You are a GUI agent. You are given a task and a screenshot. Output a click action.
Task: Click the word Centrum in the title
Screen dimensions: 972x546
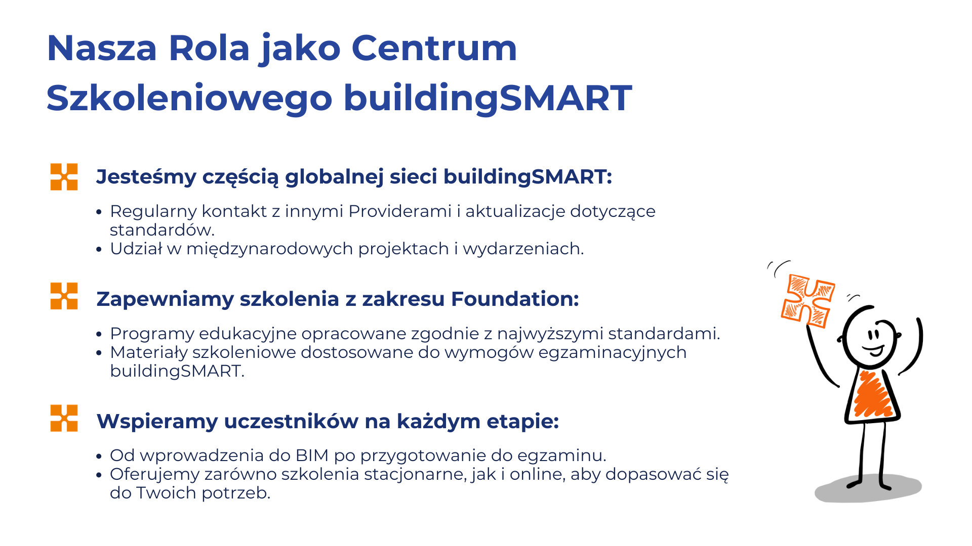click(x=434, y=49)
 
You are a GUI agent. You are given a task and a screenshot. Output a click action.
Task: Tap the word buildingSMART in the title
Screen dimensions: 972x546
click(x=488, y=99)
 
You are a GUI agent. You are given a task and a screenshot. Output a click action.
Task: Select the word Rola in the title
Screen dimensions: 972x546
click(x=209, y=49)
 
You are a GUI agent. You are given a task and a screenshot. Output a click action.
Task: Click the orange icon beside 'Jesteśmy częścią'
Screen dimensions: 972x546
click(x=64, y=176)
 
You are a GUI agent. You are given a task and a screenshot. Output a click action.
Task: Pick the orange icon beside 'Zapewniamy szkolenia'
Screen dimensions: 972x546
click(x=64, y=296)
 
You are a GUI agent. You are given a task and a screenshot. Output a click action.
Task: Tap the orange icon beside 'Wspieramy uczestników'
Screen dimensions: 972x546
click(x=64, y=418)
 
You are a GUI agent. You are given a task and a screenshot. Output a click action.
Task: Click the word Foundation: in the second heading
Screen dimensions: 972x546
click(x=515, y=299)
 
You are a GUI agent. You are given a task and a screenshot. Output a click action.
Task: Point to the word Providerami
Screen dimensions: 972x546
click(x=400, y=211)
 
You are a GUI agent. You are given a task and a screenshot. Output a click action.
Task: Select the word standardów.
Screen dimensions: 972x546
click(x=163, y=230)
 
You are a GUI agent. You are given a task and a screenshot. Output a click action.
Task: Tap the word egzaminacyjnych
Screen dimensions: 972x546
click(x=612, y=352)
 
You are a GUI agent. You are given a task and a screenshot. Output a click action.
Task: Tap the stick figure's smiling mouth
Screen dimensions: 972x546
click(x=874, y=349)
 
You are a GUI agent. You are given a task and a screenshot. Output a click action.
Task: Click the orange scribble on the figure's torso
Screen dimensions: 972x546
click(x=872, y=395)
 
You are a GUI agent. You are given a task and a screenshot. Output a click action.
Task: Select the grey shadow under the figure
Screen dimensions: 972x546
click(x=868, y=488)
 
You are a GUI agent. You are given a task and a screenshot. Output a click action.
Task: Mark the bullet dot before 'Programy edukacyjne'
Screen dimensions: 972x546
click(x=99, y=334)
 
